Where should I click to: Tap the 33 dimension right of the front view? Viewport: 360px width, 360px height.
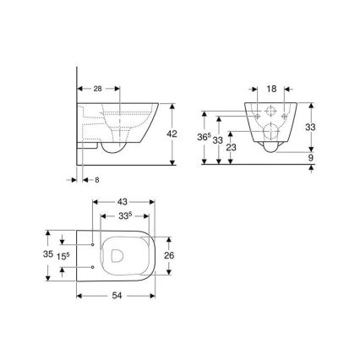point(311,127)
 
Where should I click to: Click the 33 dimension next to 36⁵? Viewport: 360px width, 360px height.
point(218,139)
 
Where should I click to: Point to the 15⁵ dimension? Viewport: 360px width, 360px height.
point(63,254)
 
